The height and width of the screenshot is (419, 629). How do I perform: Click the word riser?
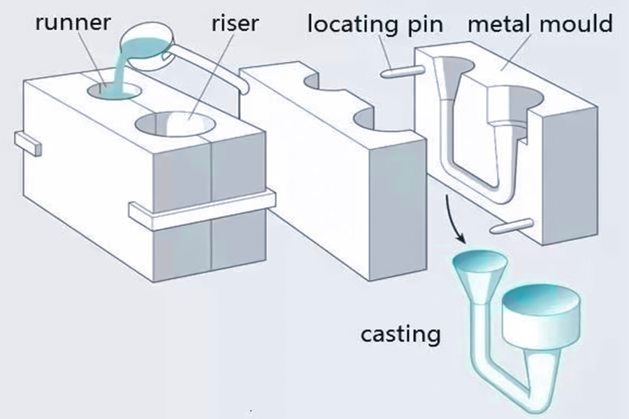coord(235,22)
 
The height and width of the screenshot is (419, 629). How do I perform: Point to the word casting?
coord(400,334)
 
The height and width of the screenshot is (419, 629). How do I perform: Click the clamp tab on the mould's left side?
coord(27,144)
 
